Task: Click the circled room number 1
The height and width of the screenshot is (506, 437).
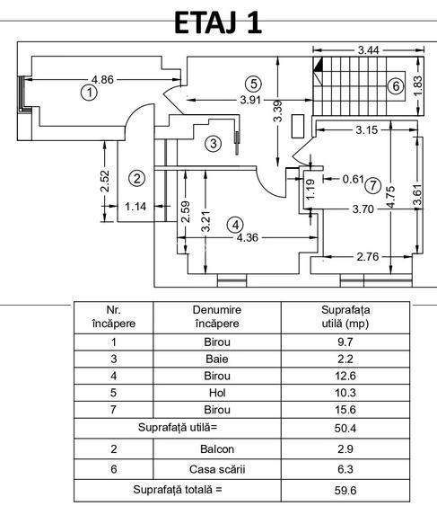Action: pyautogui.click(x=89, y=93)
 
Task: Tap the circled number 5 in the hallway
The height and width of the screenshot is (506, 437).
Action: pyautogui.click(x=253, y=84)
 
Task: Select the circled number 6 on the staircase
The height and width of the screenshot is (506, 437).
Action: pyautogui.click(x=396, y=86)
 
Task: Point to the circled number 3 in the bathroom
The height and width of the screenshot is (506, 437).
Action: pyautogui.click(x=213, y=143)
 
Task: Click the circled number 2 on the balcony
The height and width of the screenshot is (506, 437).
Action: pyautogui.click(x=137, y=178)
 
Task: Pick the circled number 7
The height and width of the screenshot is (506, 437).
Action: pyautogui.click(x=373, y=185)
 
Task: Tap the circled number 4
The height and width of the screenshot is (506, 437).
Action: pyautogui.click(x=236, y=225)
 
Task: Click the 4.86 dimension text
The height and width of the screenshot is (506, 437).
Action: pyautogui.click(x=102, y=79)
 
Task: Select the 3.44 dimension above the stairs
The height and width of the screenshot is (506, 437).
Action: pyautogui.click(x=369, y=50)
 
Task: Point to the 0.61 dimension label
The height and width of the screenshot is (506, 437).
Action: pyautogui.click(x=354, y=179)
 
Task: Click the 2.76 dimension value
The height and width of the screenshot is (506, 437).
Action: pyautogui.click(x=368, y=257)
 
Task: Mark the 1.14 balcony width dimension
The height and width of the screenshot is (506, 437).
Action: pyautogui.click(x=135, y=206)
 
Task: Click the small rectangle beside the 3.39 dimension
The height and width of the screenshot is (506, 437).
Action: pyautogui.click(x=298, y=126)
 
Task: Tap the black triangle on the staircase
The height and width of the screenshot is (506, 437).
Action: pyautogui.click(x=318, y=64)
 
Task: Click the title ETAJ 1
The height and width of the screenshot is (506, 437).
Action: pyautogui.click(x=218, y=22)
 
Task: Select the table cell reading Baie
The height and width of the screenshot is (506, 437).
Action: pyautogui.click(x=217, y=359)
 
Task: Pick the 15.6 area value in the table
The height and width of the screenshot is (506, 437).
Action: pyautogui.click(x=345, y=410)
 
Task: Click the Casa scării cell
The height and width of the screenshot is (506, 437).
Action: pyautogui.click(x=217, y=469)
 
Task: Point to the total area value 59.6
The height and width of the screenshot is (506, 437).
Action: pyautogui.click(x=345, y=491)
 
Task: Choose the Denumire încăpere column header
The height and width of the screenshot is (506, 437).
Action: pyautogui.click(x=217, y=316)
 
